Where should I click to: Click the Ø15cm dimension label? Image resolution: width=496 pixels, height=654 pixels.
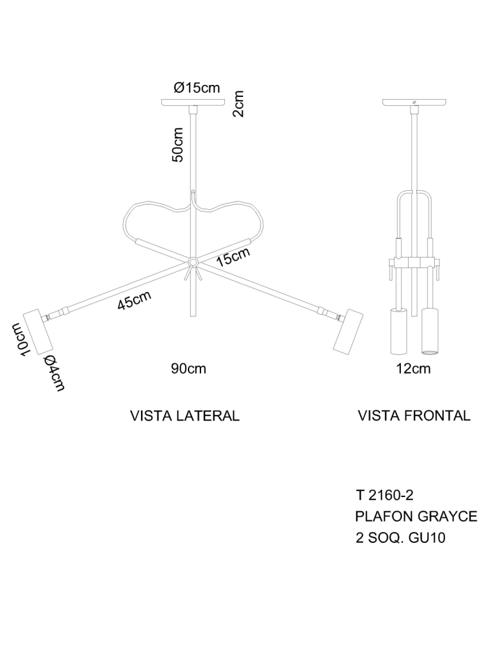[x=197, y=87]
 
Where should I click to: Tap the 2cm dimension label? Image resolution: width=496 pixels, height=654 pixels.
[x=238, y=104]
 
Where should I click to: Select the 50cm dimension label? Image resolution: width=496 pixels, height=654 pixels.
[x=178, y=144]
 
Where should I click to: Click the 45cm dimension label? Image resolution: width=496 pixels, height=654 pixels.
[x=134, y=300]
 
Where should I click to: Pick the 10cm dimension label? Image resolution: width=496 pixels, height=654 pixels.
[x=20, y=339]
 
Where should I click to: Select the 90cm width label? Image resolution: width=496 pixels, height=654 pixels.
[x=189, y=369]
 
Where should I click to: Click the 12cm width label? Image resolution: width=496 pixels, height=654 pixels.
[x=413, y=369]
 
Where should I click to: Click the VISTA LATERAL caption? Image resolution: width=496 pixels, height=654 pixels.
[x=185, y=416]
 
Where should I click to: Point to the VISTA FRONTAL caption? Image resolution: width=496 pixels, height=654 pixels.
[x=415, y=416]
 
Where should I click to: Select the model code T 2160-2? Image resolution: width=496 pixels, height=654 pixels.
[x=385, y=495]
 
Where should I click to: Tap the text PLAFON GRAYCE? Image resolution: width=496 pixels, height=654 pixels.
[x=416, y=516]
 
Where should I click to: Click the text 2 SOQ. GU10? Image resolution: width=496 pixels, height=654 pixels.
[x=400, y=537]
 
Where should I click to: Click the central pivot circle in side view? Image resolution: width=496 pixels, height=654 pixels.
[x=193, y=262]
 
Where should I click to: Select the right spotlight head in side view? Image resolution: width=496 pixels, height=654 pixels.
[x=348, y=332]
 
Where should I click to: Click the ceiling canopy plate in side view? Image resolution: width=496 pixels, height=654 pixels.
[x=193, y=102]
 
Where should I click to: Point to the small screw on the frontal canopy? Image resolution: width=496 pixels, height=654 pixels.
[x=414, y=102]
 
